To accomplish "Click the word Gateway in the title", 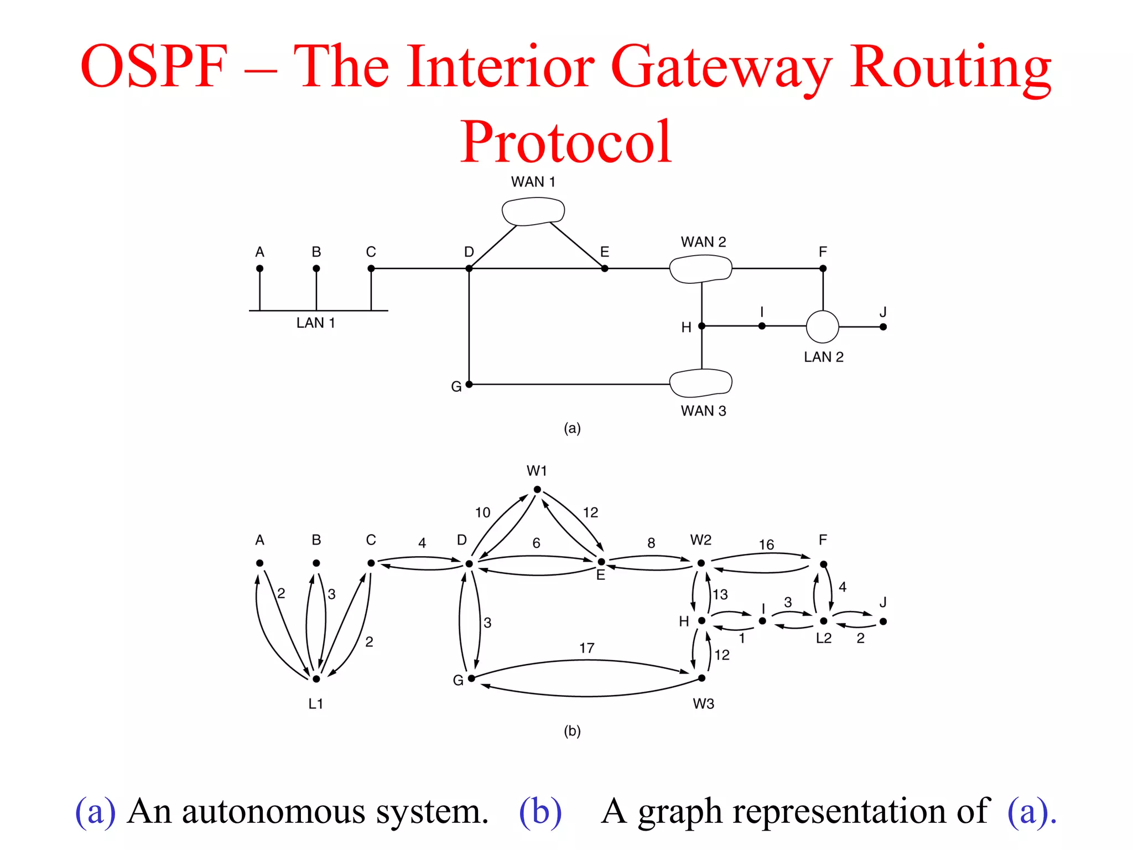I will click(721, 68).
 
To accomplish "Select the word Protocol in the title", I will click(566, 142).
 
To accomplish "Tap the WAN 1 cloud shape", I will click(533, 211).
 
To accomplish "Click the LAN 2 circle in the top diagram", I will click(823, 326).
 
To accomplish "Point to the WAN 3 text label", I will click(703, 411).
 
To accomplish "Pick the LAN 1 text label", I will click(315, 323).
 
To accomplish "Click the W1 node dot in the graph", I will click(537, 489).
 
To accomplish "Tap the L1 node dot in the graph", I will click(316, 678).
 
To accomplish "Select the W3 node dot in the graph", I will click(701, 678).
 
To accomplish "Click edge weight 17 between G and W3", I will click(587, 647).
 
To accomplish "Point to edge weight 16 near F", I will click(766, 545).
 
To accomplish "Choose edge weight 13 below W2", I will click(720, 594).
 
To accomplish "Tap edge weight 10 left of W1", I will click(482, 512).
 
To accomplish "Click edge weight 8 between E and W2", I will click(651, 543).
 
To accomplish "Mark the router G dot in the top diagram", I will click(469, 384).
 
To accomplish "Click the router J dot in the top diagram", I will click(883, 327).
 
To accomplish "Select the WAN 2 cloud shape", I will click(701, 269).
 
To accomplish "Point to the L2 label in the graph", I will click(824, 638).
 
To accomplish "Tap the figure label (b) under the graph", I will click(572, 731).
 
